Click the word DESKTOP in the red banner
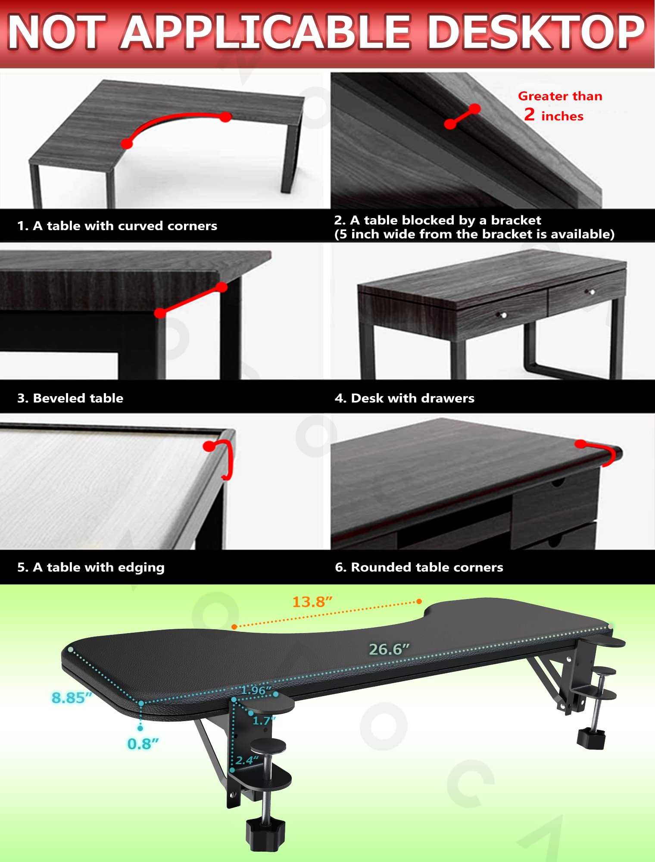[536, 32]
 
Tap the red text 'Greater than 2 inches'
[559, 106]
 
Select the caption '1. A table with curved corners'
[117, 226]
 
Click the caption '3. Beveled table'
[70, 398]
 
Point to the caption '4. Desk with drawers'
[405, 398]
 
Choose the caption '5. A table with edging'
[91, 567]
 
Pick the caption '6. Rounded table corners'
[419, 567]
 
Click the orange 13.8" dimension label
[312, 602]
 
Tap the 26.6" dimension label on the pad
[389, 649]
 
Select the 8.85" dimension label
[72, 697]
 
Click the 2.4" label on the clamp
[247, 760]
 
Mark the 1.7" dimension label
[264, 720]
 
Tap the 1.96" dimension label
[256, 690]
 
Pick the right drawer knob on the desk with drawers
[592, 292]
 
